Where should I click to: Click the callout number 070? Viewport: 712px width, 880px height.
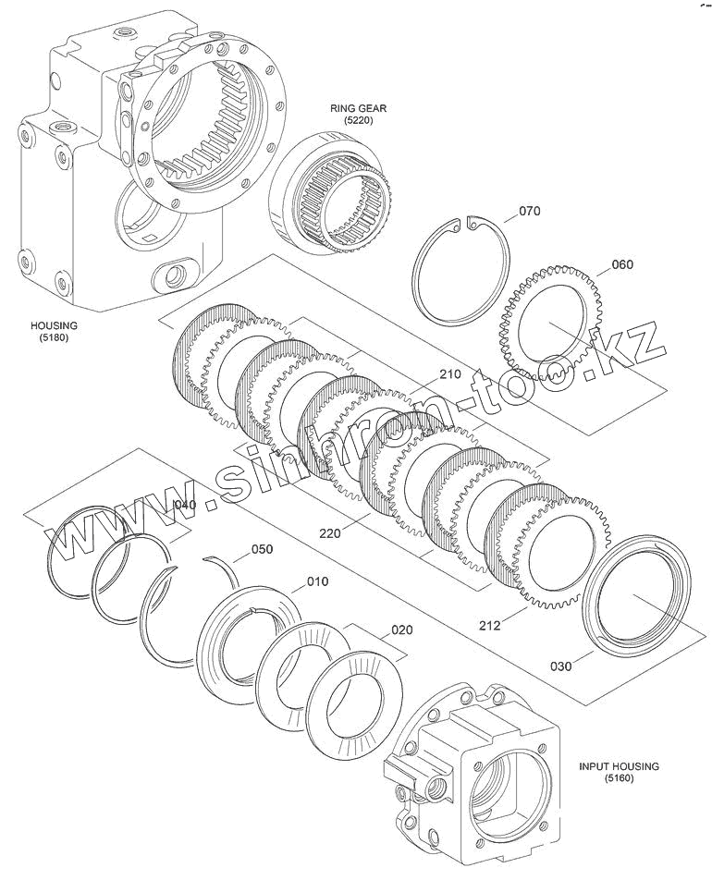[x=529, y=212]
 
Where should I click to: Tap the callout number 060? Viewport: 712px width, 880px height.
[x=622, y=265]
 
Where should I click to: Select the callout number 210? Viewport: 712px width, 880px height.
[x=449, y=374]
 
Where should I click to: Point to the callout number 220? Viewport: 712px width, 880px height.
[x=330, y=532]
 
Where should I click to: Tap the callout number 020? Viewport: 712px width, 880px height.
[x=401, y=630]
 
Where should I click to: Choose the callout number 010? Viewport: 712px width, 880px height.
[x=317, y=581]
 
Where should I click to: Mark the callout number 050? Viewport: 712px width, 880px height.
[x=263, y=549]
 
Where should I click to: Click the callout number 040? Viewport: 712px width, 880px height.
[x=186, y=505]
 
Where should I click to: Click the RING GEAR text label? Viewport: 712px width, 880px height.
[x=358, y=108]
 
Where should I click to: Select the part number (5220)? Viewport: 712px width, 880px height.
[x=358, y=121]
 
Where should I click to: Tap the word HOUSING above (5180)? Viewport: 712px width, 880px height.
[x=55, y=325]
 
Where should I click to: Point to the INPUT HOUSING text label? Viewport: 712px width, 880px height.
[x=619, y=766]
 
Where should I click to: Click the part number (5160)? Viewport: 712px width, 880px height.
[x=619, y=779]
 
